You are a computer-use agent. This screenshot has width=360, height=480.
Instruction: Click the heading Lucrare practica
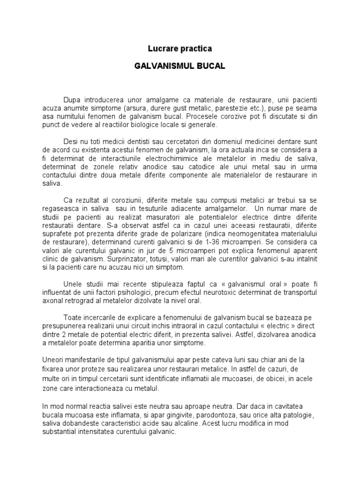pos(180,48)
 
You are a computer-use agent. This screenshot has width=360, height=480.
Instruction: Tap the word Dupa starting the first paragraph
pos(73,100)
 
